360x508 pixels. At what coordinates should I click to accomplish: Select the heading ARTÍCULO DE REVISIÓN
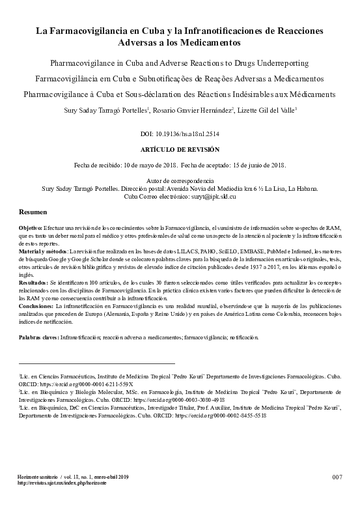[x=180, y=149]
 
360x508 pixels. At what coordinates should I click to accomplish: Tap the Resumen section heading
[x=32, y=213]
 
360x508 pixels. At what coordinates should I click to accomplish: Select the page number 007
[x=337, y=477]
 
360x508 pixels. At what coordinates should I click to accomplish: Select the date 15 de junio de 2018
[x=253, y=165]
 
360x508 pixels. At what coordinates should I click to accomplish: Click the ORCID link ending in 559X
[x=77, y=384]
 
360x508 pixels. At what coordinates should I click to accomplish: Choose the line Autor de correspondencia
[x=180, y=180]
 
